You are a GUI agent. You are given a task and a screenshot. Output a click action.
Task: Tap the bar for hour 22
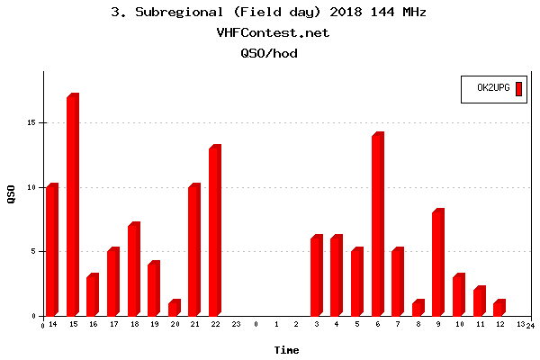pyautogui.click(x=214, y=231)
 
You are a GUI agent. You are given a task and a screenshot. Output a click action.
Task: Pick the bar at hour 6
pyautogui.click(x=377, y=225)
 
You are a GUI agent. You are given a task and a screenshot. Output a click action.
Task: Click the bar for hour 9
pyautogui.click(x=438, y=263)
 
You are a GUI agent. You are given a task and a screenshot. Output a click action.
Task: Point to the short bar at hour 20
pyautogui.click(x=174, y=308)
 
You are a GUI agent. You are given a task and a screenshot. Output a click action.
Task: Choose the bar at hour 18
pyautogui.click(x=133, y=270)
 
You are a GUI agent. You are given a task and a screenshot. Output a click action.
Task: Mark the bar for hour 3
pyautogui.click(x=316, y=276)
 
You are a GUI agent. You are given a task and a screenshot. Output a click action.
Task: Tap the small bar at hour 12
pyautogui.click(x=499, y=308)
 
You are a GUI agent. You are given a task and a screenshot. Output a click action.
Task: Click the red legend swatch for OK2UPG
pyautogui.click(x=518, y=88)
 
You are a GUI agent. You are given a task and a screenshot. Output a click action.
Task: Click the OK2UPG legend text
pyautogui.click(x=493, y=88)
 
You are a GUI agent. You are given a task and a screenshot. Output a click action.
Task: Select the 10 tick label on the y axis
pyautogui.click(x=31, y=187)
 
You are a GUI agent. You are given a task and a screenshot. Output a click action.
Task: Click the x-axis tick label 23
pyautogui.click(x=236, y=324)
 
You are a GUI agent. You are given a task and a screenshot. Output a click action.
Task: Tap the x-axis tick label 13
pyautogui.click(x=520, y=324)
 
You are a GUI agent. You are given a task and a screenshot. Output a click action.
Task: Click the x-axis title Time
pyautogui.click(x=286, y=350)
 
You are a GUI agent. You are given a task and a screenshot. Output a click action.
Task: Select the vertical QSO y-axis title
pyautogui.click(x=11, y=193)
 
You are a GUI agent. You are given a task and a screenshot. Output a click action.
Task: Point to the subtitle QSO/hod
pyautogui.click(x=268, y=53)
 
